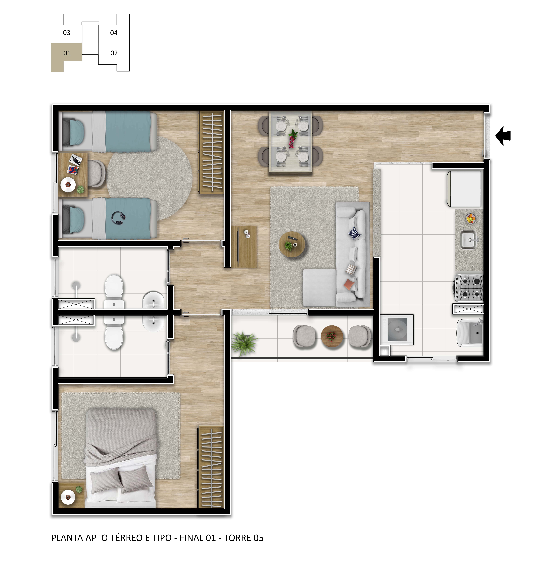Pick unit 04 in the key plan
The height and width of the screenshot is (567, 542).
point(114,33)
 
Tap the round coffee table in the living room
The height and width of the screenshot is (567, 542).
point(292,245)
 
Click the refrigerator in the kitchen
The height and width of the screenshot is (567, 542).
point(465,189)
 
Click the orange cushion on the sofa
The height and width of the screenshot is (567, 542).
point(349,285)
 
